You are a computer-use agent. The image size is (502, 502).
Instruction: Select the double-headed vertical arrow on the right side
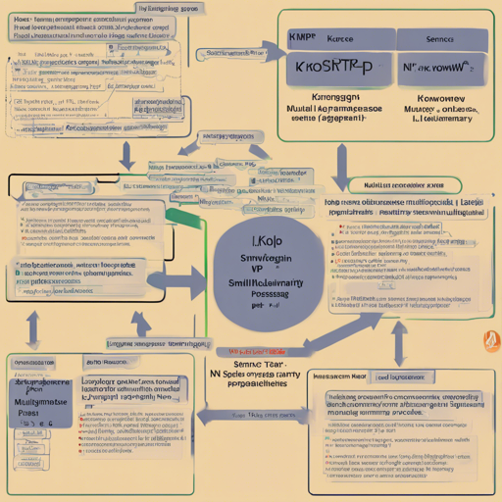(400, 339)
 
